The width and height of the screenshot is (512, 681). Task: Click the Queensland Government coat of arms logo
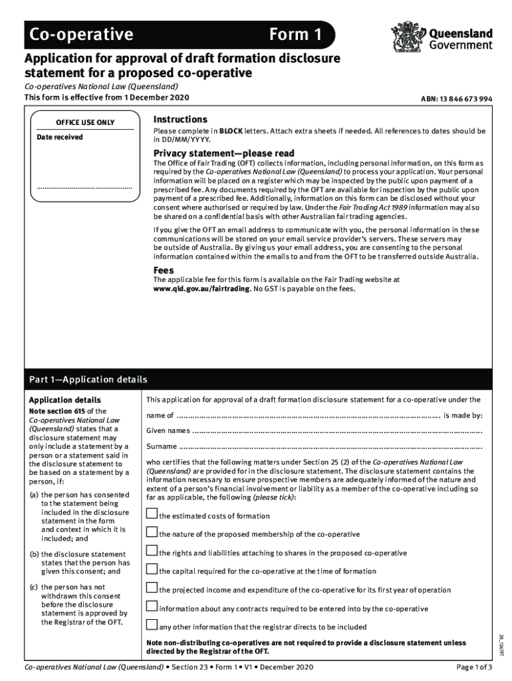click(x=404, y=37)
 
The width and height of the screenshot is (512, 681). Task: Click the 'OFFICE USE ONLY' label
click(x=84, y=122)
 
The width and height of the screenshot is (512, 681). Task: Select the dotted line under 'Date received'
click(x=84, y=188)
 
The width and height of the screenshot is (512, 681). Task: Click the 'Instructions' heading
click(x=180, y=119)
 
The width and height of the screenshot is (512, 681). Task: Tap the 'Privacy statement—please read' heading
click(x=224, y=154)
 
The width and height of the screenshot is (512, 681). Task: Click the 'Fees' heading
click(x=164, y=271)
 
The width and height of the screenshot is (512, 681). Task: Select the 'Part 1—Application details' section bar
click(x=256, y=380)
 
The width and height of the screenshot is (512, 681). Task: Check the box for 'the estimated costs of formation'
click(x=152, y=514)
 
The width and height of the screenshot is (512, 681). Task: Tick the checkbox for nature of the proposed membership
click(x=152, y=533)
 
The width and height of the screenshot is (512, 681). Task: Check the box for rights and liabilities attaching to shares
click(x=152, y=551)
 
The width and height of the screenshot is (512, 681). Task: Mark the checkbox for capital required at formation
click(x=152, y=570)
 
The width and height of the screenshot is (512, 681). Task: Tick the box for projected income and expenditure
click(x=152, y=589)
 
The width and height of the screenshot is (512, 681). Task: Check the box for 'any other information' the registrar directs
click(x=152, y=625)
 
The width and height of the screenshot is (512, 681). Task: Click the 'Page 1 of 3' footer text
click(x=474, y=667)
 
